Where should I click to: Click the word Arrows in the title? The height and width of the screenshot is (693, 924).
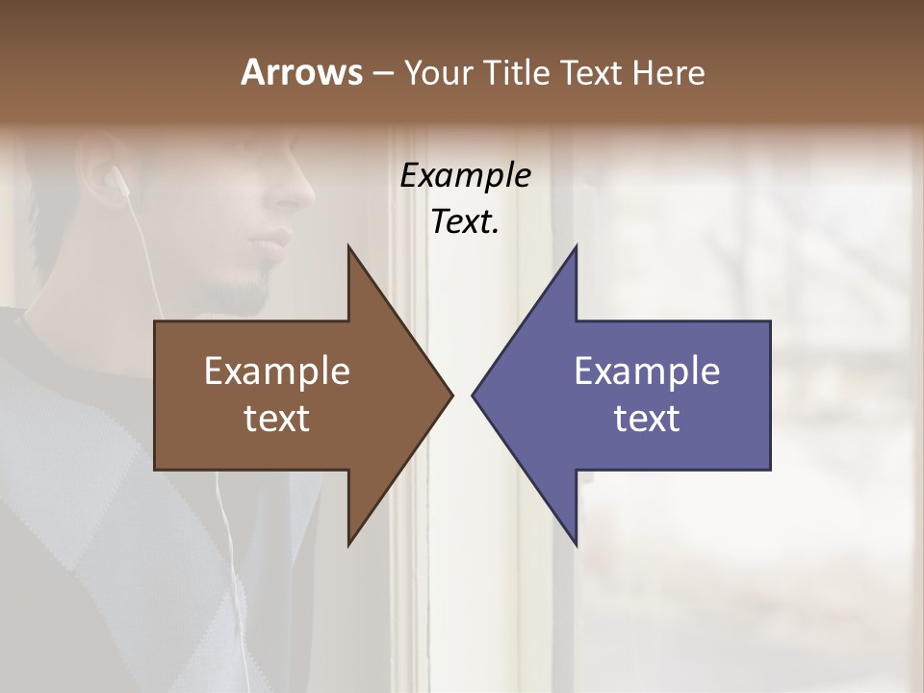point(301,72)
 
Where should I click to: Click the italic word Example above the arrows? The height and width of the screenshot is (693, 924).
point(465,176)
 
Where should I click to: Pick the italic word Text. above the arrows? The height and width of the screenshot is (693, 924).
point(465,221)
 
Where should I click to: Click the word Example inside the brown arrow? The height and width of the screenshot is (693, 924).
point(276,372)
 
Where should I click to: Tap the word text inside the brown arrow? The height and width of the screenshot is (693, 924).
point(276,419)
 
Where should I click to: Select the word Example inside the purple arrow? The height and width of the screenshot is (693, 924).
point(647,372)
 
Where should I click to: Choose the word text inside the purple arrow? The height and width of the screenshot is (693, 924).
point(647,419)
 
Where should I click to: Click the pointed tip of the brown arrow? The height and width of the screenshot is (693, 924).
point(450,395)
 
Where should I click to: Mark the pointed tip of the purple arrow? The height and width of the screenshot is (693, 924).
point(475,395)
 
